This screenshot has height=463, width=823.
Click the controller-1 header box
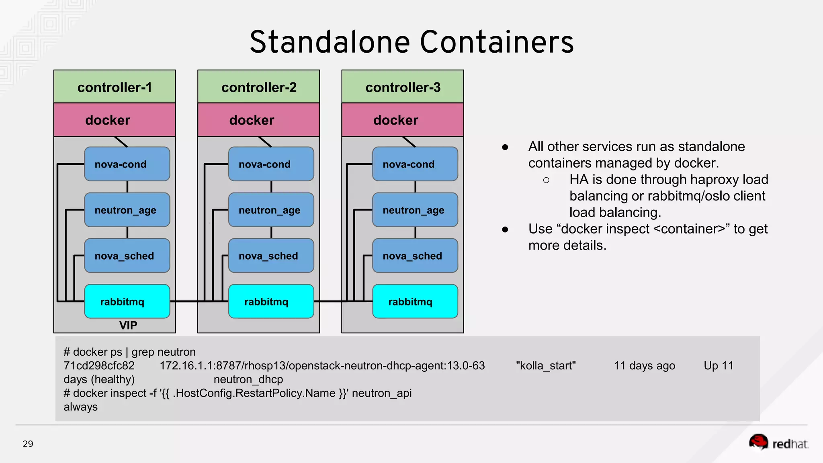(x=115, y=87)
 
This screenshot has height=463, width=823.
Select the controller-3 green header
(x=403, y=87)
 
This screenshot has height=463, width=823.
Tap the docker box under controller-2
(x=258, y=120)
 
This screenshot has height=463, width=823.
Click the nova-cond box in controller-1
(x=127, y=164)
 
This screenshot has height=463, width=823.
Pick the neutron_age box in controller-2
(x=271, y=210)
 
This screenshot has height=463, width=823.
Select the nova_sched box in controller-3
(x=415, y=256)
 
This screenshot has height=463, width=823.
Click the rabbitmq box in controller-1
(x=127, y=301)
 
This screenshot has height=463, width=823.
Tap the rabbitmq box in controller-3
(x=415, y=301)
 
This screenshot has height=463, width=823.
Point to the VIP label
(x=128, y=325)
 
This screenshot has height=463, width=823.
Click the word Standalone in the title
(x=330, y=42)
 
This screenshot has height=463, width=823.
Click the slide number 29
(x=28, y=444)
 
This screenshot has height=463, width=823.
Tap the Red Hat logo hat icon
(x=759, y=442)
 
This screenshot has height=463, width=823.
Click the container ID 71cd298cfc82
(x=99, y=366)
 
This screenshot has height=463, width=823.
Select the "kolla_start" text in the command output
(x=545, y=366)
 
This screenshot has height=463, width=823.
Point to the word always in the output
(x=80, y=407)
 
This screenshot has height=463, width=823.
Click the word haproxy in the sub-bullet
(x=657, y=179)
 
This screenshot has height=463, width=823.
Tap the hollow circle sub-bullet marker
(x=546, y=180)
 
